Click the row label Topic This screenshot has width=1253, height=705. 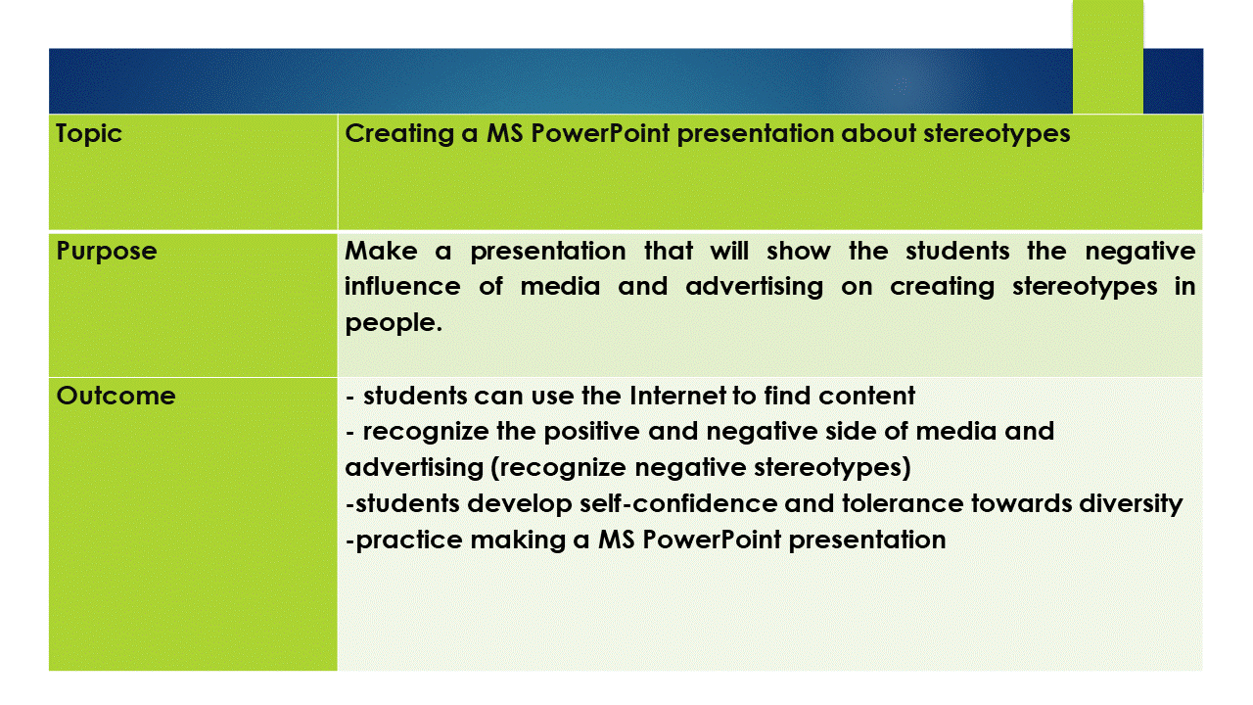pyautogui.click(x=89, y=134)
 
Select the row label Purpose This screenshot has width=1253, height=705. pyautogui.click(x=107, y=252)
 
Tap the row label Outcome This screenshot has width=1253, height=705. pyautogui.click(x=116, y=397)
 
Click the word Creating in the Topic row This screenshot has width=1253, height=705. pyautogui.click(x=399, y=134)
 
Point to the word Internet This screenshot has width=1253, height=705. pyautogui.click(x=677, y=396)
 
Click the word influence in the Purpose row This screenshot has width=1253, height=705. pyautogui.click(x=402, y=287)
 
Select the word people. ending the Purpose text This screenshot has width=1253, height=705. pyautogui.click(x=394, y=323)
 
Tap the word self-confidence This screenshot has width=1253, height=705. pyautogui.click(x=678, y=503)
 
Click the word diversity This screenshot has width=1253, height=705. pyautogui.click(x=1131, y=504)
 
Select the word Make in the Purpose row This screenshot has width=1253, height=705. pyautogui.click(x=381, y=251)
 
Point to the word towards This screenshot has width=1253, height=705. pyautogui.click(x=1021, y=503)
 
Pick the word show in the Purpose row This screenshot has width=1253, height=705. pyautogui.click(x=798, y=251)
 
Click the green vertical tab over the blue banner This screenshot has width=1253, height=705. pyautogui.click(x=1107, y=56)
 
